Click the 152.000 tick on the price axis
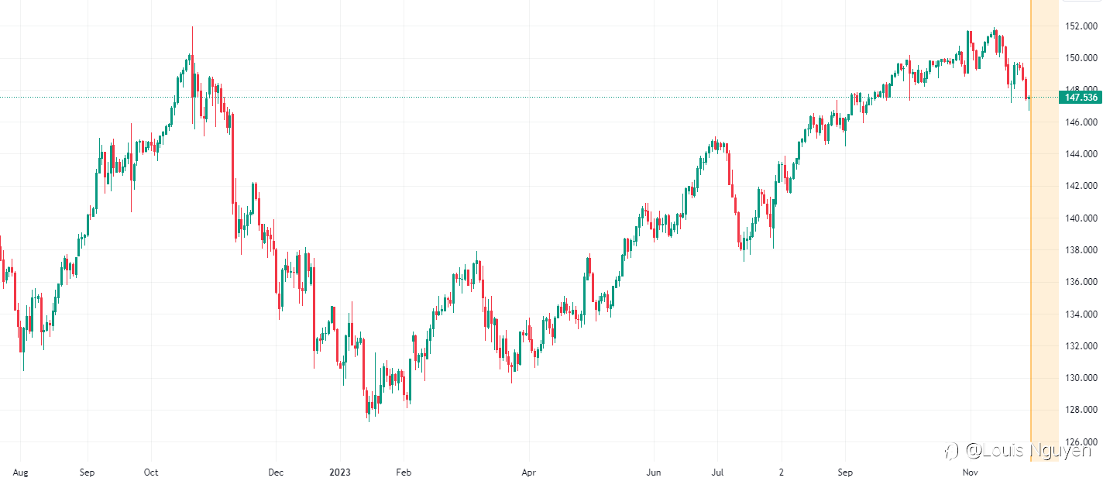tap(1081, 26)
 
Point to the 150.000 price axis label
tap(1081, 58)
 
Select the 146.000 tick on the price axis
tap(1081, 122)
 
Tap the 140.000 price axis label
tap(1081, 218)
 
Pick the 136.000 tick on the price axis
tap(1081, 283)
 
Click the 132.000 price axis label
tap(1081, 346)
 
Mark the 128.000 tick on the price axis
tap(1081, 411)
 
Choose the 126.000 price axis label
tap(1081, 442)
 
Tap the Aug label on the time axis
tap(21, 472)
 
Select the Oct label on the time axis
tap(151, 472)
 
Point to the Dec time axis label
tap(276, 472)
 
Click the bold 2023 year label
tap(340, 472)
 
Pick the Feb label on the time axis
tap(402, 472)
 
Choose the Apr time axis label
tap(529, 472)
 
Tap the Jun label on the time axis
tap(654, 472)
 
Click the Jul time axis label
tap(718, 472)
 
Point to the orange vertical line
tap(1031, 232)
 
